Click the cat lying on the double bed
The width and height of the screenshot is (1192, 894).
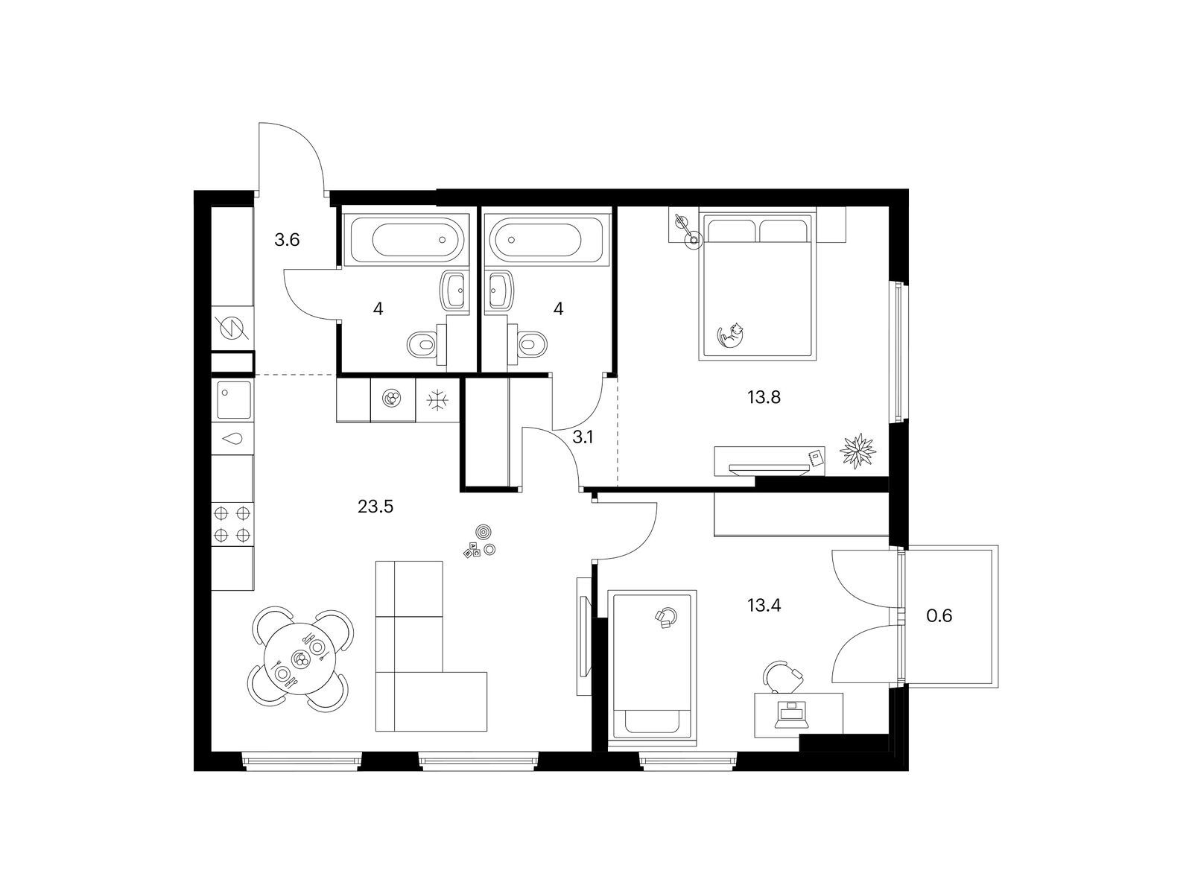coord(730,335)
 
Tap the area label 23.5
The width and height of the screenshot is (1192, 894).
coord(375,507)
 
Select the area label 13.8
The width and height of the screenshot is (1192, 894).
coord(764,397)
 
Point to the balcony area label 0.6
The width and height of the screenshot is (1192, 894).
coord(939,615)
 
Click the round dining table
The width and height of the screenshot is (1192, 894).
coord(299,659)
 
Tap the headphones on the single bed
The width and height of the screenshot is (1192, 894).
coord(666,618)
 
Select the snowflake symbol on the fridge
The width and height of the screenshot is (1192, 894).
coord(437,401)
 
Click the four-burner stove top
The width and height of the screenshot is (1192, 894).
coord(232,524)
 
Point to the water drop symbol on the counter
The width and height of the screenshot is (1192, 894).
coord(232,438)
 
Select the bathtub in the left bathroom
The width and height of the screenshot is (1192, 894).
coord(407,239)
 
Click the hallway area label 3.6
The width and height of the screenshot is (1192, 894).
coord(287,239)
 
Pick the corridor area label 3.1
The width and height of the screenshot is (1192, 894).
coord(582,437)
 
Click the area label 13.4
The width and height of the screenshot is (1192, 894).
coord(764,605)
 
